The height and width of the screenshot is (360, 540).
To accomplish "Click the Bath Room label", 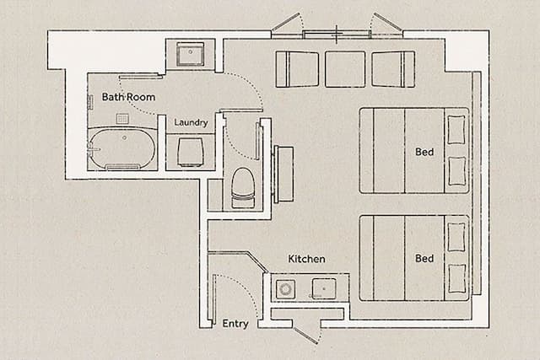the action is (x=128, y=97).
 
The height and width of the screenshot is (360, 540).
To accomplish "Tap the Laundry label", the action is (x=191, y=122).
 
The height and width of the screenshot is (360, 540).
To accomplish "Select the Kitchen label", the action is (x=306, y=259).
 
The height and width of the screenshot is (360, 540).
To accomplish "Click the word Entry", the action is (x=235, y=324).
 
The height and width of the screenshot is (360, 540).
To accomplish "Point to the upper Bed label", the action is (x=424, y=152).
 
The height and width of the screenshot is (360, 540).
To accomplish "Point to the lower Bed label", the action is (x=424, y=258).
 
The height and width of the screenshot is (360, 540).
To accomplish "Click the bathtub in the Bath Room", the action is (x=121, y=148).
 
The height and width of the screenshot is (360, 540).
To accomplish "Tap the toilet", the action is (x=243, y=188).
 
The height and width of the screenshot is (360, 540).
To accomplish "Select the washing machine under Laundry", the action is (x=190, y=153).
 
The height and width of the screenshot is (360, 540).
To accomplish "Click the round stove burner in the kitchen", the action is (x=285, y=288).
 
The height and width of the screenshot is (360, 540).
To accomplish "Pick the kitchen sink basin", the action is (x=324, y=288).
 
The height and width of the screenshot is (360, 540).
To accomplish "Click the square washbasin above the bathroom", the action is (x=190, y=54).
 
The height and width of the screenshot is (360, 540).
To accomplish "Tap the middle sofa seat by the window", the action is (x=345, y=69).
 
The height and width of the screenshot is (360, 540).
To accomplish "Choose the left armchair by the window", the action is (x=297, y=69).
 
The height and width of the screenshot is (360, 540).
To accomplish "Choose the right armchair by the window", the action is (x=393, y=69).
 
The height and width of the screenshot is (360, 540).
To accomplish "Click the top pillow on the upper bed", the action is (x=456, y=129).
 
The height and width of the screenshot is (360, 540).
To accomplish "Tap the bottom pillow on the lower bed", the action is (x=456, y=279).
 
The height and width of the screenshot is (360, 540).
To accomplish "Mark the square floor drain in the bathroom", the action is (x=122, y=119).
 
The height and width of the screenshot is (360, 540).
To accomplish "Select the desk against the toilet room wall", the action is (x=283, y=174).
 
